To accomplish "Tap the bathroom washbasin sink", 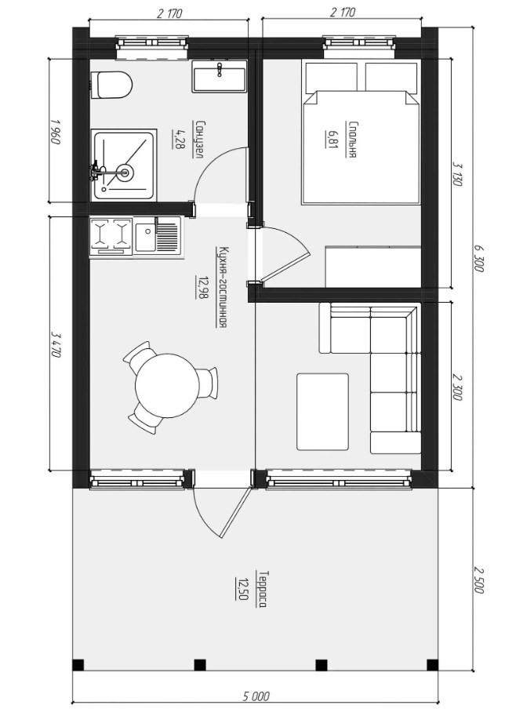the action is tap(219, 76).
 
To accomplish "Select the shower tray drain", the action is tap(124, 173).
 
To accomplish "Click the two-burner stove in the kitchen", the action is tap(111, 236).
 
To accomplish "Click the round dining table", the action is tap(167, 384).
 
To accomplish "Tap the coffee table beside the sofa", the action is tap(322, 412).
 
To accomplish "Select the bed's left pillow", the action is tap(332, 77).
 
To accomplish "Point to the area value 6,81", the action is tap(331, 139).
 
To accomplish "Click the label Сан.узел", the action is tap(198, 140).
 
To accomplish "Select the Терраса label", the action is tap(262, 589).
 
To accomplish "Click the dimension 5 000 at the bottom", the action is tap(256, 696).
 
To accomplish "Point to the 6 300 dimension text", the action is tap(478, 259).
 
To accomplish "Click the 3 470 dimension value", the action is tap(56, 343).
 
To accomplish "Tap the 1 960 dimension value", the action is tap(56, 131).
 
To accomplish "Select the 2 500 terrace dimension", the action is tap(478, 580).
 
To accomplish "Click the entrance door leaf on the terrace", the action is tap(235, 512).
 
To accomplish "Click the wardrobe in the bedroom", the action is tap(373, 267).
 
